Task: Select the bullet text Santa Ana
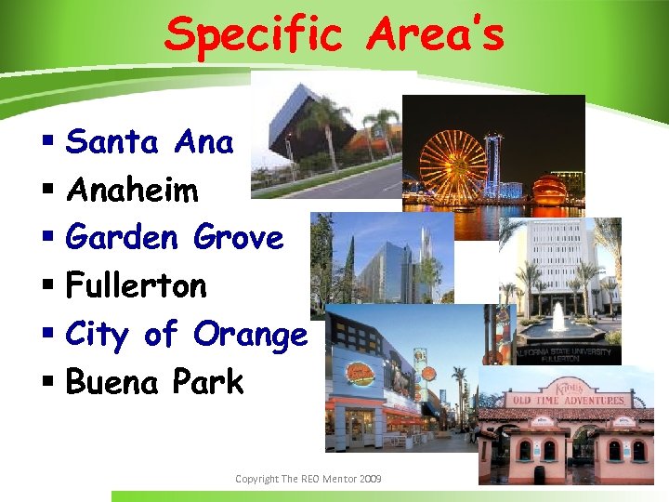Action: tap(150, 142)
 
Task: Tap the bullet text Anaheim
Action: tap(133, 191)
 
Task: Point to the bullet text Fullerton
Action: tap(137, 285)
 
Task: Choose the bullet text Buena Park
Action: tap(154, 382)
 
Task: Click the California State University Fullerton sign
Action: tap(566, 355)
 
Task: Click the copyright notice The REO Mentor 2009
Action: tap(308, 479)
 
